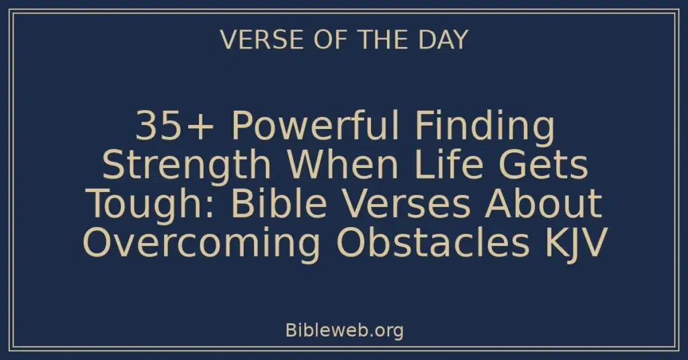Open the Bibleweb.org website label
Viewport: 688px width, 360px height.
coord(343,330)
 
